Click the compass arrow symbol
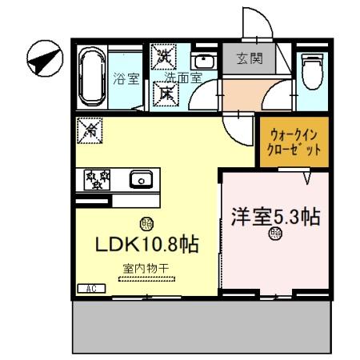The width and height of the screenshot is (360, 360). (x=42, y=58)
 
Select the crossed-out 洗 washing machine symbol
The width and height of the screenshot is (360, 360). (x=166, y=57)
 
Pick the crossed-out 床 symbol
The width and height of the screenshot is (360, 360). (x=166, y=91)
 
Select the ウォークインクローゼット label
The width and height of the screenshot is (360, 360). (x=295, y=142)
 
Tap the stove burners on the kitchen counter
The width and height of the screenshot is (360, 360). (x=96, y=179)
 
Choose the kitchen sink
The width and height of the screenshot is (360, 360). (x=142, y=179)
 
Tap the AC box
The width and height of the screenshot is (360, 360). (x=87, y=287)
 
